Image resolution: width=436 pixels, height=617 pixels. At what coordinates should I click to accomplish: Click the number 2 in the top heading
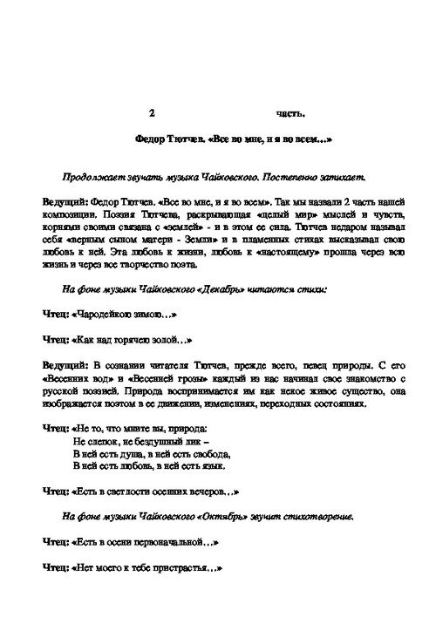pos(152,113)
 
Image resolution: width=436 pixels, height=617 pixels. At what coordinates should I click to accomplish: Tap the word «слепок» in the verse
pos(98,442)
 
